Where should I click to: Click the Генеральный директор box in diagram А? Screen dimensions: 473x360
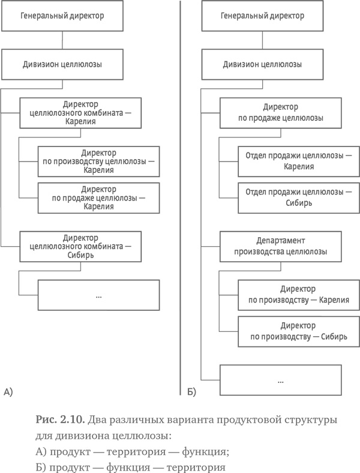(62, 16)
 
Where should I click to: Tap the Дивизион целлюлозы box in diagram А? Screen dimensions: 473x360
(62, 63)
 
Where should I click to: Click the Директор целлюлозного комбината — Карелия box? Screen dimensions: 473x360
(81, 112)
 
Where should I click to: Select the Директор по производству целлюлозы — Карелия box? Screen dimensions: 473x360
(98, 161)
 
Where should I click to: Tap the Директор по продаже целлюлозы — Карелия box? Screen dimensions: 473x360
(98, 199)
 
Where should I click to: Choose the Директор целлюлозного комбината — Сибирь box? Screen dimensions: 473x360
(81, 246)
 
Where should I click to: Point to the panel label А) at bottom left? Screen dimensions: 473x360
(8, 394)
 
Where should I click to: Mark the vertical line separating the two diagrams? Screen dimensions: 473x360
(181, 198)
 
